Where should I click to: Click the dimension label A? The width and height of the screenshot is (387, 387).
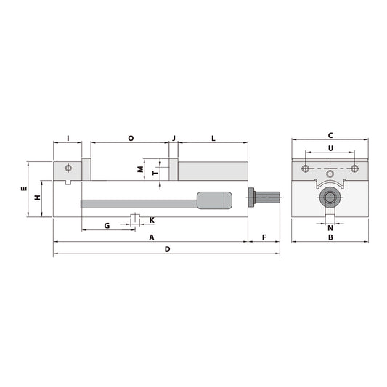click(151, 237)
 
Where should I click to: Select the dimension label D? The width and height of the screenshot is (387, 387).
click(167, 250)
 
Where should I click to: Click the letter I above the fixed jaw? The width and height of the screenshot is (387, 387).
click(68, 137)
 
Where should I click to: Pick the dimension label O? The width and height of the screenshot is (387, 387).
click(131, 137)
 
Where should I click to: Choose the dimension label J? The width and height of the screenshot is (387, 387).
click(174, 137)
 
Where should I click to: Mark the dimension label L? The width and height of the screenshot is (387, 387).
click(213, 137)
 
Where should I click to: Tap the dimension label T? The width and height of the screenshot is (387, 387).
click(155, 173)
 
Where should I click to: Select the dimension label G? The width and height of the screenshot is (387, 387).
click(107, 226)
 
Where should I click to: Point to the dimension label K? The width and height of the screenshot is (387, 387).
click(151, 220)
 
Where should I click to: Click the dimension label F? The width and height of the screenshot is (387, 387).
click(264, 237)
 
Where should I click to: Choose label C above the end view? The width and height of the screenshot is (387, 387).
click(330, 135)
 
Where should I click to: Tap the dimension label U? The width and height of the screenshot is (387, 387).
click(330, 148)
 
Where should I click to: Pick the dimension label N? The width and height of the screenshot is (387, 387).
click(330, 228)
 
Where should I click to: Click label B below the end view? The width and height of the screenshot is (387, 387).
click(330, 237)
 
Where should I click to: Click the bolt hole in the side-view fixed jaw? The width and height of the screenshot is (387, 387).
click(68, 168)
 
